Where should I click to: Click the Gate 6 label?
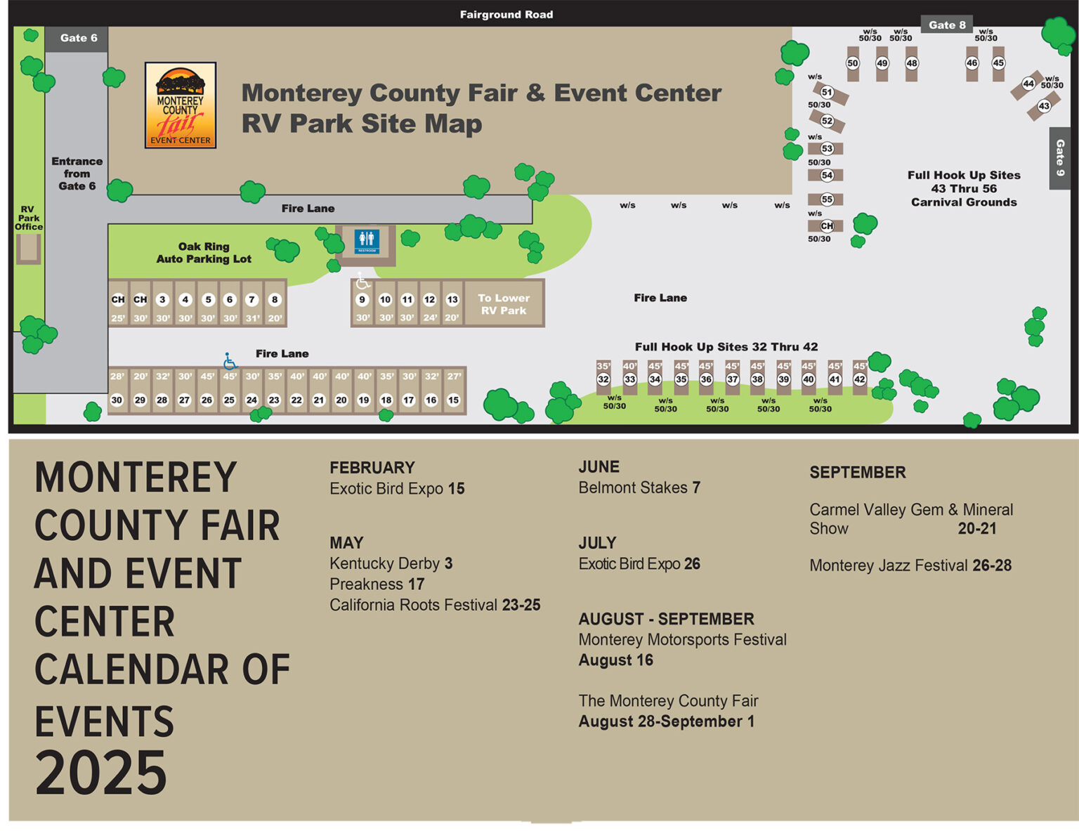click(x=78, y=38)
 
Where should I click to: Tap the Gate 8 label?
click(x=946, y=25)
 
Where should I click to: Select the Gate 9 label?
click(x=1059, y=157)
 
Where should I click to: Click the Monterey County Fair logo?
click(x=181, y=105)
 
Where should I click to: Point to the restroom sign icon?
click(x=367, y=240)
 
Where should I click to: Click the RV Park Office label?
click(x=28, y=218)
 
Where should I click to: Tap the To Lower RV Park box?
click(x=504, y=304)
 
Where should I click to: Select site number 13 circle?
click(x=452, y=299)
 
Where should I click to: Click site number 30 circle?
click(x=117, y=400)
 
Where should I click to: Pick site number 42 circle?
click(x=859, y=379)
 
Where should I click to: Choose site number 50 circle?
click(x=852, y=63)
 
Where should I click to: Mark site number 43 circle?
click(x=1044, y=106)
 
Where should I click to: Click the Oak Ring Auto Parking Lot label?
click(x=204, y=253)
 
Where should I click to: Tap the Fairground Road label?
click(x=506, y=14)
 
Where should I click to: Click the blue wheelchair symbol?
click(x=230, y=361)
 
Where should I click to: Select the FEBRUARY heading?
click(x=372, y=468)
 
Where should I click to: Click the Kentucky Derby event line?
click(x=391, y=563)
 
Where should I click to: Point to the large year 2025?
click(x=101, y=772)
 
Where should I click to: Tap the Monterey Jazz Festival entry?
click(x=910, y=565)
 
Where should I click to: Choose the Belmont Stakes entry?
click(x=639, y=488)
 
